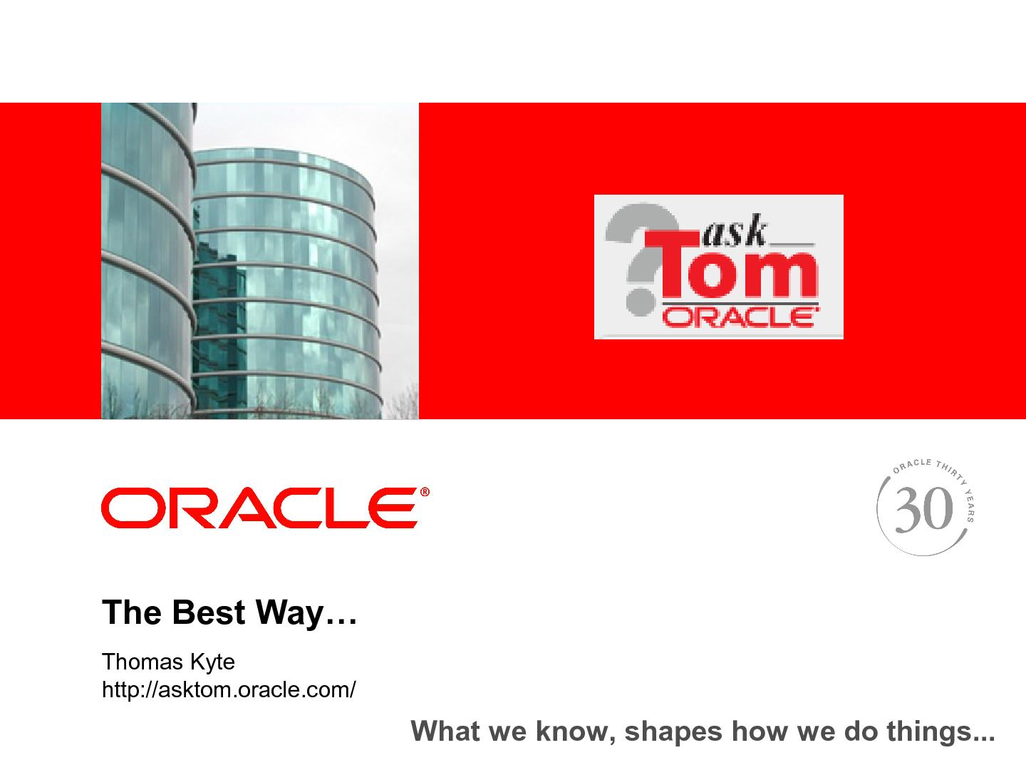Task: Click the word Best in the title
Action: click(x=205, y=612)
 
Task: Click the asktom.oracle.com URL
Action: click(x=229, y=690)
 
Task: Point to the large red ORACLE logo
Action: click(x=259, y=508)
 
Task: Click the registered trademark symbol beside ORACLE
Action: click(x=425, y=492)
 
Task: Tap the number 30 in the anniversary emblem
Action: click(x=923, y=510)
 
